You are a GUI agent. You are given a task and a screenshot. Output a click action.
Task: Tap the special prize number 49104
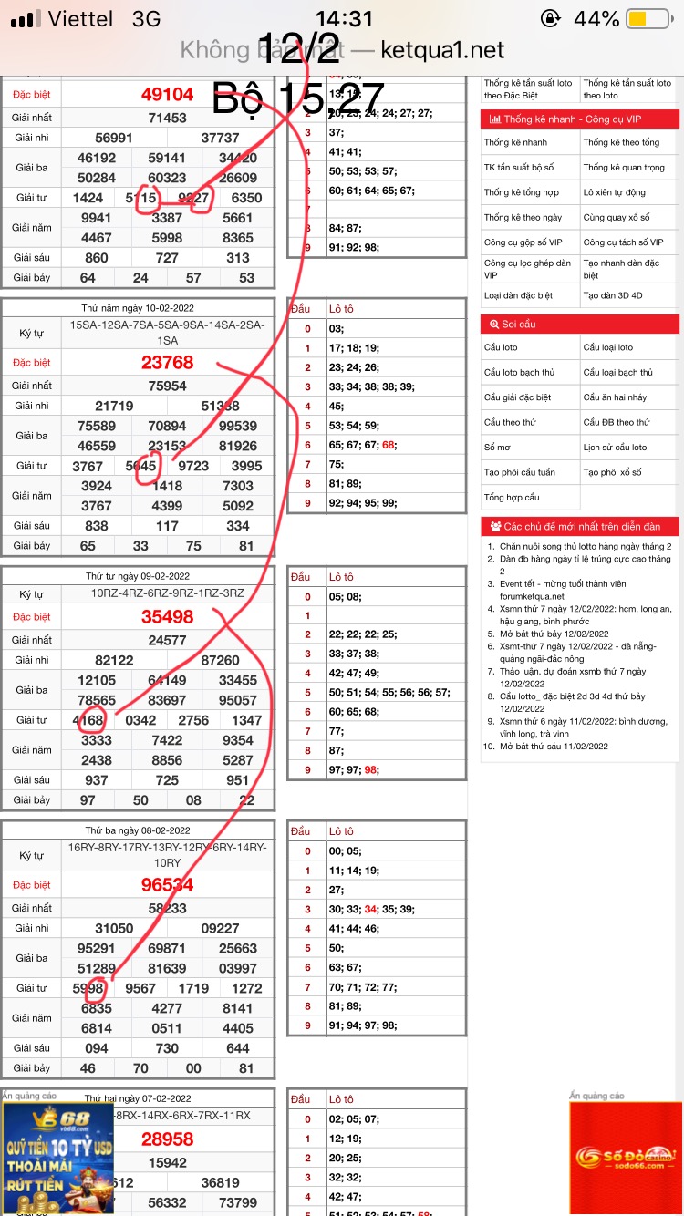167,94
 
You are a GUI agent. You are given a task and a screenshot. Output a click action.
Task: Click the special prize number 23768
167,362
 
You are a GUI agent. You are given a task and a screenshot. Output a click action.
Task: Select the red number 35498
167,616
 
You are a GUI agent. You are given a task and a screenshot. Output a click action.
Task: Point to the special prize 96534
167,884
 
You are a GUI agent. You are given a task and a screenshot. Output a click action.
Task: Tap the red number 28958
167,1139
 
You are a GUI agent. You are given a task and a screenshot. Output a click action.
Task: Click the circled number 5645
140,466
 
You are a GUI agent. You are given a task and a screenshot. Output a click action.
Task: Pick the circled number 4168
88,720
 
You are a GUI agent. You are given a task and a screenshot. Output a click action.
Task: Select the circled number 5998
88,988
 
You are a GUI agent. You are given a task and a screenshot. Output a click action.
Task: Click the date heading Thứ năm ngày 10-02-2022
139,308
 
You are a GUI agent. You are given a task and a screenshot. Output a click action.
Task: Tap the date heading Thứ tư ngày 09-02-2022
139,576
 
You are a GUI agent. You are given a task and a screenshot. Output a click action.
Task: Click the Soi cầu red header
579,324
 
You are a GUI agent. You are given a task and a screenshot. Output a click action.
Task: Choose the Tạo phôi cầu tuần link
520,472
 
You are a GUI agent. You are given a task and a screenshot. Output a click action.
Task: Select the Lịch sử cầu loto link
615,448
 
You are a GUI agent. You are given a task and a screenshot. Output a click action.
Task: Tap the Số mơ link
497,448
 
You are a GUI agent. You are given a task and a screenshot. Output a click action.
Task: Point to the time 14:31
344,19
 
